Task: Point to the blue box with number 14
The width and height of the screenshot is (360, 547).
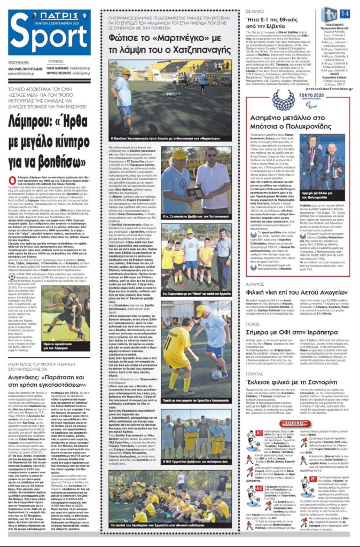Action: (x=345, y=13)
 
